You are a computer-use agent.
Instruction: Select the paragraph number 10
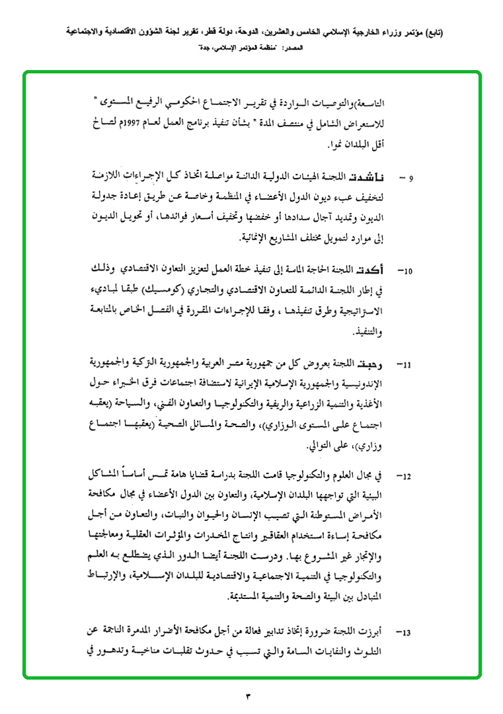(406, 271)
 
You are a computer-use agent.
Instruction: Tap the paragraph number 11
(406, 364)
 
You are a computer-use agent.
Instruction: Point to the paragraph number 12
(406, 476)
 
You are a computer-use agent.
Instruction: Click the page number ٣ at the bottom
(249, 696)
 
